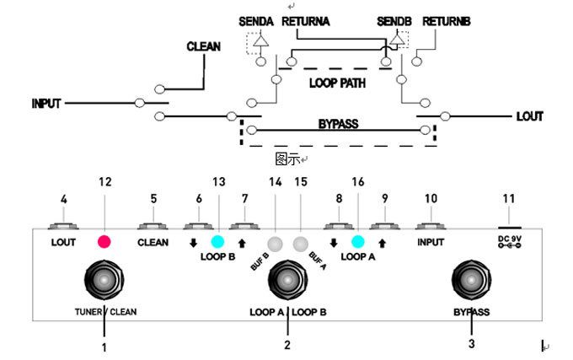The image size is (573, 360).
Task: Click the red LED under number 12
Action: [104, 242]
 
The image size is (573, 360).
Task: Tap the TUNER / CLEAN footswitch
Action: [105, 280]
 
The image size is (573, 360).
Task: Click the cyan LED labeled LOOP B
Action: [218, 242]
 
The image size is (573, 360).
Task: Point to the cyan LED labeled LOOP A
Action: [357, 242]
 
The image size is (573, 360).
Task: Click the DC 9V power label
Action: [508, 242]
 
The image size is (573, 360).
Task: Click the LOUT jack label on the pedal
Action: [63, 243]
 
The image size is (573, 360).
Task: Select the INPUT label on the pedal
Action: [431, 243]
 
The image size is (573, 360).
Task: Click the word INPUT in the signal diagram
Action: [46, 104]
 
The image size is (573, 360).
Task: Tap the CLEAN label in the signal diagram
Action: [203, 46]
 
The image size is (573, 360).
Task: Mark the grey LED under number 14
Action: [275, 244]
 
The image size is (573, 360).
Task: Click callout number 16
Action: [357, 182]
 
